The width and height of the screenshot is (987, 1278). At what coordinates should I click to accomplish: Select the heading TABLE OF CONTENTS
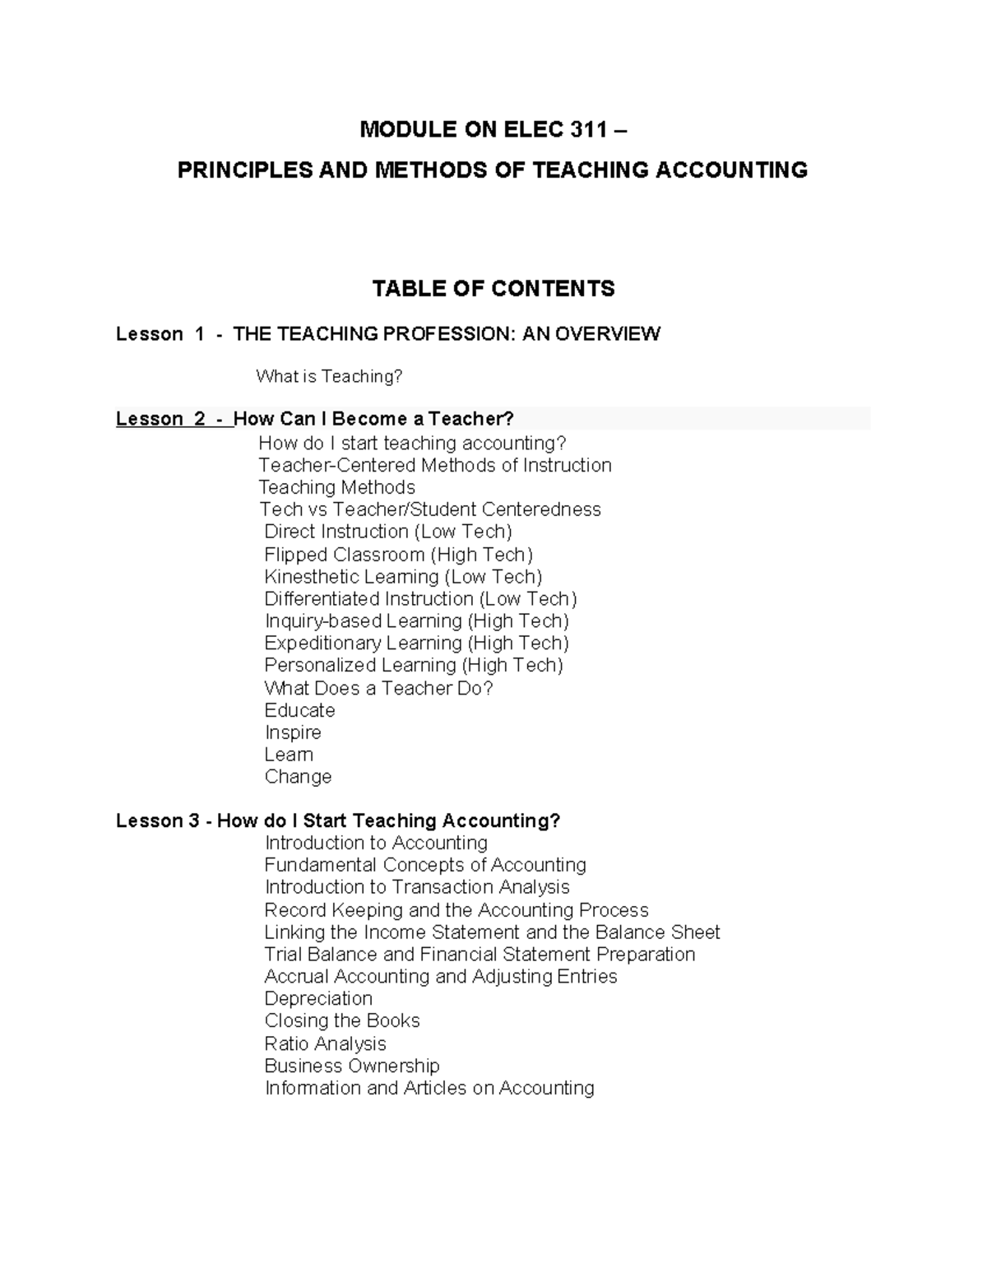493,289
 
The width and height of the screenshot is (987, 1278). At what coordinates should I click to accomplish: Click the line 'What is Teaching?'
329,377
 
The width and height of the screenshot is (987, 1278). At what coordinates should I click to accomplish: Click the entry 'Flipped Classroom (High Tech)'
398,555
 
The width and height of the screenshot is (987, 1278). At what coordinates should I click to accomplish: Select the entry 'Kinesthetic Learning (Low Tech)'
403,577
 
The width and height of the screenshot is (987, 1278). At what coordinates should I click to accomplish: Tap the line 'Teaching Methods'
336,487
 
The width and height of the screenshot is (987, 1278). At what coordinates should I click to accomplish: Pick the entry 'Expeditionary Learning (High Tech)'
416,644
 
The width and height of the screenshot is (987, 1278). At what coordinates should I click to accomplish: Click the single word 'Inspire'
293,732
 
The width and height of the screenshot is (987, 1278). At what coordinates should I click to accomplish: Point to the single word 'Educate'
299,710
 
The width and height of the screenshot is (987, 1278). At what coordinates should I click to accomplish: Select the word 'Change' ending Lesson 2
298,777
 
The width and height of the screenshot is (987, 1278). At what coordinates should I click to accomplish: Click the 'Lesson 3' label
157,821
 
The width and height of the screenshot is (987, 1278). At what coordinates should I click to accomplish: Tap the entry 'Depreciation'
318,999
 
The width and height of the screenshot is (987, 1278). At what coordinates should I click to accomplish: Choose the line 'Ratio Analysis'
325,1044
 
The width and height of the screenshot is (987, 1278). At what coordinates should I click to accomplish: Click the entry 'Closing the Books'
342,1021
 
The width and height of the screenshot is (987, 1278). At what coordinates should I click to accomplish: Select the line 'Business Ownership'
352,1067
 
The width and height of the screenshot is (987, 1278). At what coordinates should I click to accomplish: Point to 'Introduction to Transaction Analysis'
417,887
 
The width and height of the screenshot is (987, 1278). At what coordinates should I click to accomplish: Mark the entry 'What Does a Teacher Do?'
378,688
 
